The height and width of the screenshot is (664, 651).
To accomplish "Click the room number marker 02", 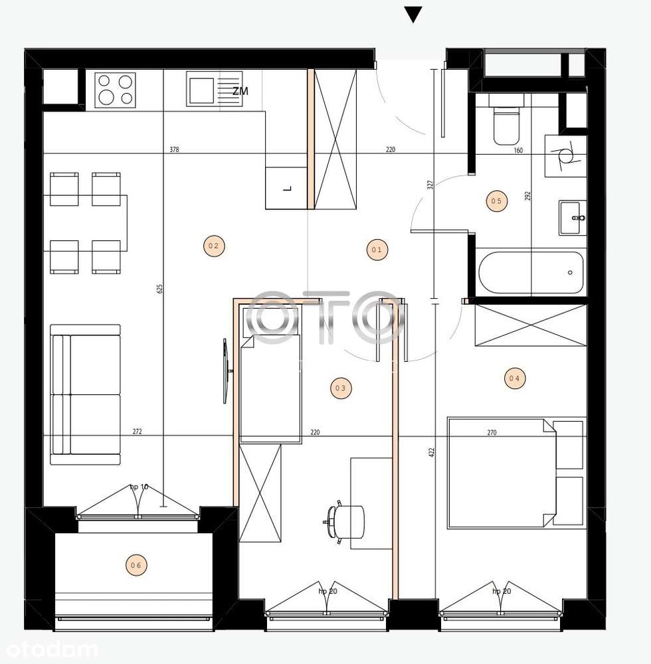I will pyautogui.click(x=213, y=246).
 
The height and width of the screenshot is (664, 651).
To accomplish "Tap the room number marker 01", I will pyautogui.click(x=377, y=250).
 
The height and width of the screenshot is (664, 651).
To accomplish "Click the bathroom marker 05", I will pyautogui.click(x=496, y=201).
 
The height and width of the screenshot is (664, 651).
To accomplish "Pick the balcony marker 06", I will pyautogui.click(x=136, y=566).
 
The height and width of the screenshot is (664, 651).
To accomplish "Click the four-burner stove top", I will pyautogui.click(x=116, y=90).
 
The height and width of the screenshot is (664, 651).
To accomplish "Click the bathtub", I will pyautogui.click(x=531, y=272).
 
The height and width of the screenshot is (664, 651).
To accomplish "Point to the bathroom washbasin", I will pyautogui.click(x=572, y=217).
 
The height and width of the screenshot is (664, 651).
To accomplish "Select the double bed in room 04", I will pyautogui.click(x=502, y=472).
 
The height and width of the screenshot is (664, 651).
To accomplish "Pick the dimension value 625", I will pyautogui.click(x=159, y=289).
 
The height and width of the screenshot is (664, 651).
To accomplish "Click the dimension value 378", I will pyautogui.click(x=174, y=150).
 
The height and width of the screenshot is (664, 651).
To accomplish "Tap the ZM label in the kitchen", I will pyautogui.click(x=240, y=92).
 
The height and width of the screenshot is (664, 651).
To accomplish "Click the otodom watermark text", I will pyautogui.click(x=49, y=649).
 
